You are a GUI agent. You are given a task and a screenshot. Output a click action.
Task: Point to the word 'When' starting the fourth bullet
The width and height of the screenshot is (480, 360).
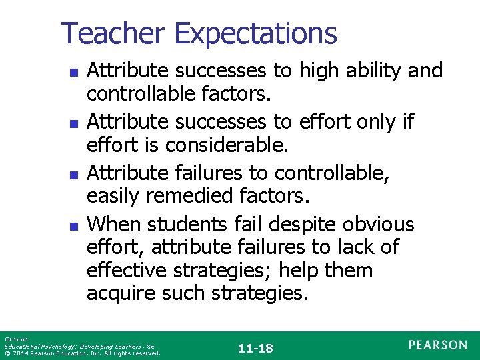pyautogui.click(x=114, y=224)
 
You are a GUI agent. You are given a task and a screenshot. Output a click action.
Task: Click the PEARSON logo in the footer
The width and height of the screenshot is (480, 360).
pyautogui.click(x=437, y=345)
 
